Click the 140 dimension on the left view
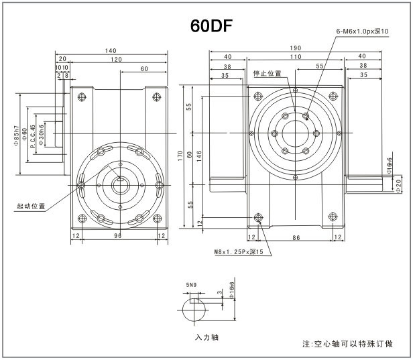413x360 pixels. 111,51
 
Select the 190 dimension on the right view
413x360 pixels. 295,48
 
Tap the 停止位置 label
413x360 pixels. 267,74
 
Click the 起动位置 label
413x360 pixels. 30,206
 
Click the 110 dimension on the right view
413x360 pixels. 295,58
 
